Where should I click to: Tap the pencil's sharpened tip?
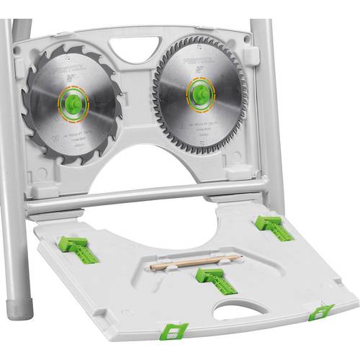(240, 257)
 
